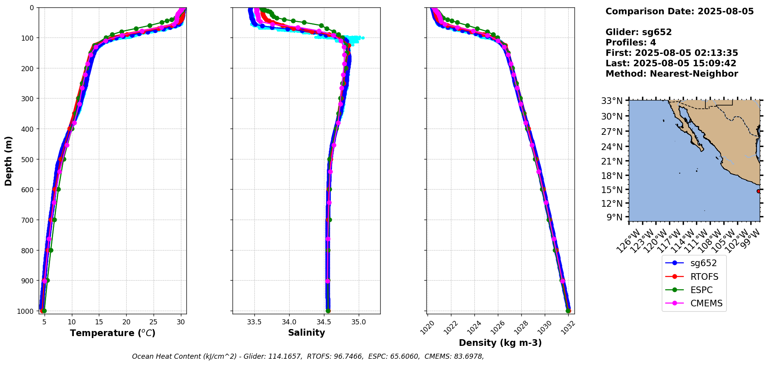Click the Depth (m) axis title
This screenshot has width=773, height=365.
pos(9,161)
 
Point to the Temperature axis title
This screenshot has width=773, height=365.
pos(113,333)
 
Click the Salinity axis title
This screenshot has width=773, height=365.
pos(306,333)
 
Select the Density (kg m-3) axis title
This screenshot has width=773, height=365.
pos(500,343)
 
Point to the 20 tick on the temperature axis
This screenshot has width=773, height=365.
pos(126,322)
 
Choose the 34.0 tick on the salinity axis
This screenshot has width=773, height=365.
pos(289,322)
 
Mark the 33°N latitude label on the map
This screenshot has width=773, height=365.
pos(612,101)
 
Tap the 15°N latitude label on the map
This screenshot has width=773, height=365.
pos(612,190)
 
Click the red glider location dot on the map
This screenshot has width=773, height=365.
pos(759,191)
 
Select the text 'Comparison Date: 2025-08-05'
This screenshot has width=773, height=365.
pos(680,11)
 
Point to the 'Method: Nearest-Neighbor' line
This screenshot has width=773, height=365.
pos(672,74)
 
